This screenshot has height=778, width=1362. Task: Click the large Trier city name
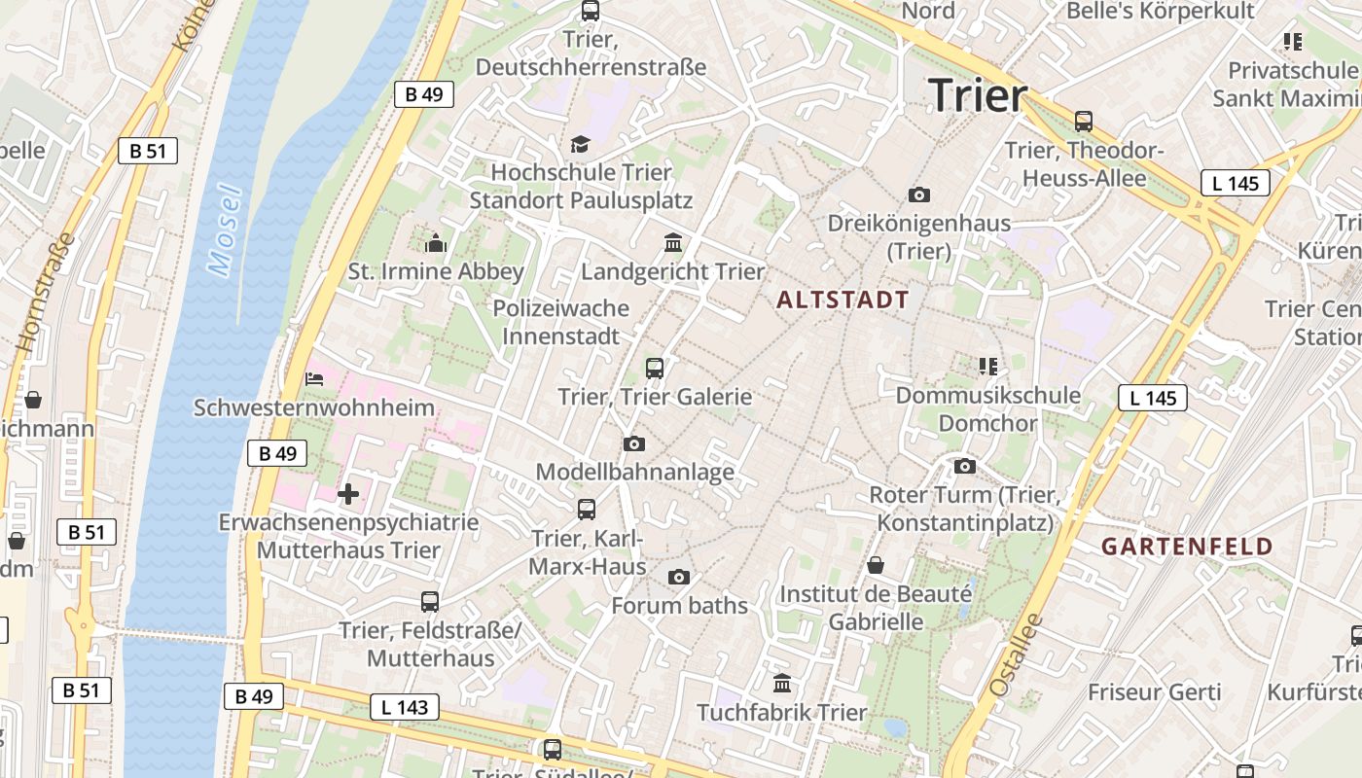tap(978, 95)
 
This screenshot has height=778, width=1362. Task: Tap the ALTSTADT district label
tap(843, 301)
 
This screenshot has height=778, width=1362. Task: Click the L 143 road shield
tap(404, 707)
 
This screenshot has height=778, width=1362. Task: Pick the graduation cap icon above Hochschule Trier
tap(581, 145)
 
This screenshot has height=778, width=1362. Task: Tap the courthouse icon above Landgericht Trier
tap(673, 242)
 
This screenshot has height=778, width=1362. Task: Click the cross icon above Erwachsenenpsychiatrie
tap(348, 494)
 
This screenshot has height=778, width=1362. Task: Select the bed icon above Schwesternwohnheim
tap(314, 378)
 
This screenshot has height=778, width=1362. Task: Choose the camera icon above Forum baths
tap(679, 578)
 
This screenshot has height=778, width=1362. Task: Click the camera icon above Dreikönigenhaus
tap(918, 195)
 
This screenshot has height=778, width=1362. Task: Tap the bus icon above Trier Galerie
tap(655, 369)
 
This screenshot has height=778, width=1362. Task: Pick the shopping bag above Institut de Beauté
tap(876, 565)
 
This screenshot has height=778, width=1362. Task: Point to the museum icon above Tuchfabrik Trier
tap(782, 683)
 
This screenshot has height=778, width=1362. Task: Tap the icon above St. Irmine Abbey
tap(436, 243)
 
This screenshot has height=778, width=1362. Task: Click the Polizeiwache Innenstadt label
tap(561, 322)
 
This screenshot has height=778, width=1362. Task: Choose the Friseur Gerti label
tap(1154, 692)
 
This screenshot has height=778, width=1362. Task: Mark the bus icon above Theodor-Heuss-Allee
tap(1084, 122)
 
